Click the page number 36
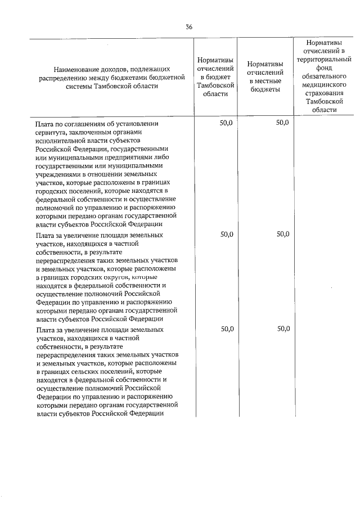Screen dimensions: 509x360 [189, 26]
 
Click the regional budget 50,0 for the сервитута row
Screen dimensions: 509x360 [225, 123]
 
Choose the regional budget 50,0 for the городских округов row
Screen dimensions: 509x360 [225, 234]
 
